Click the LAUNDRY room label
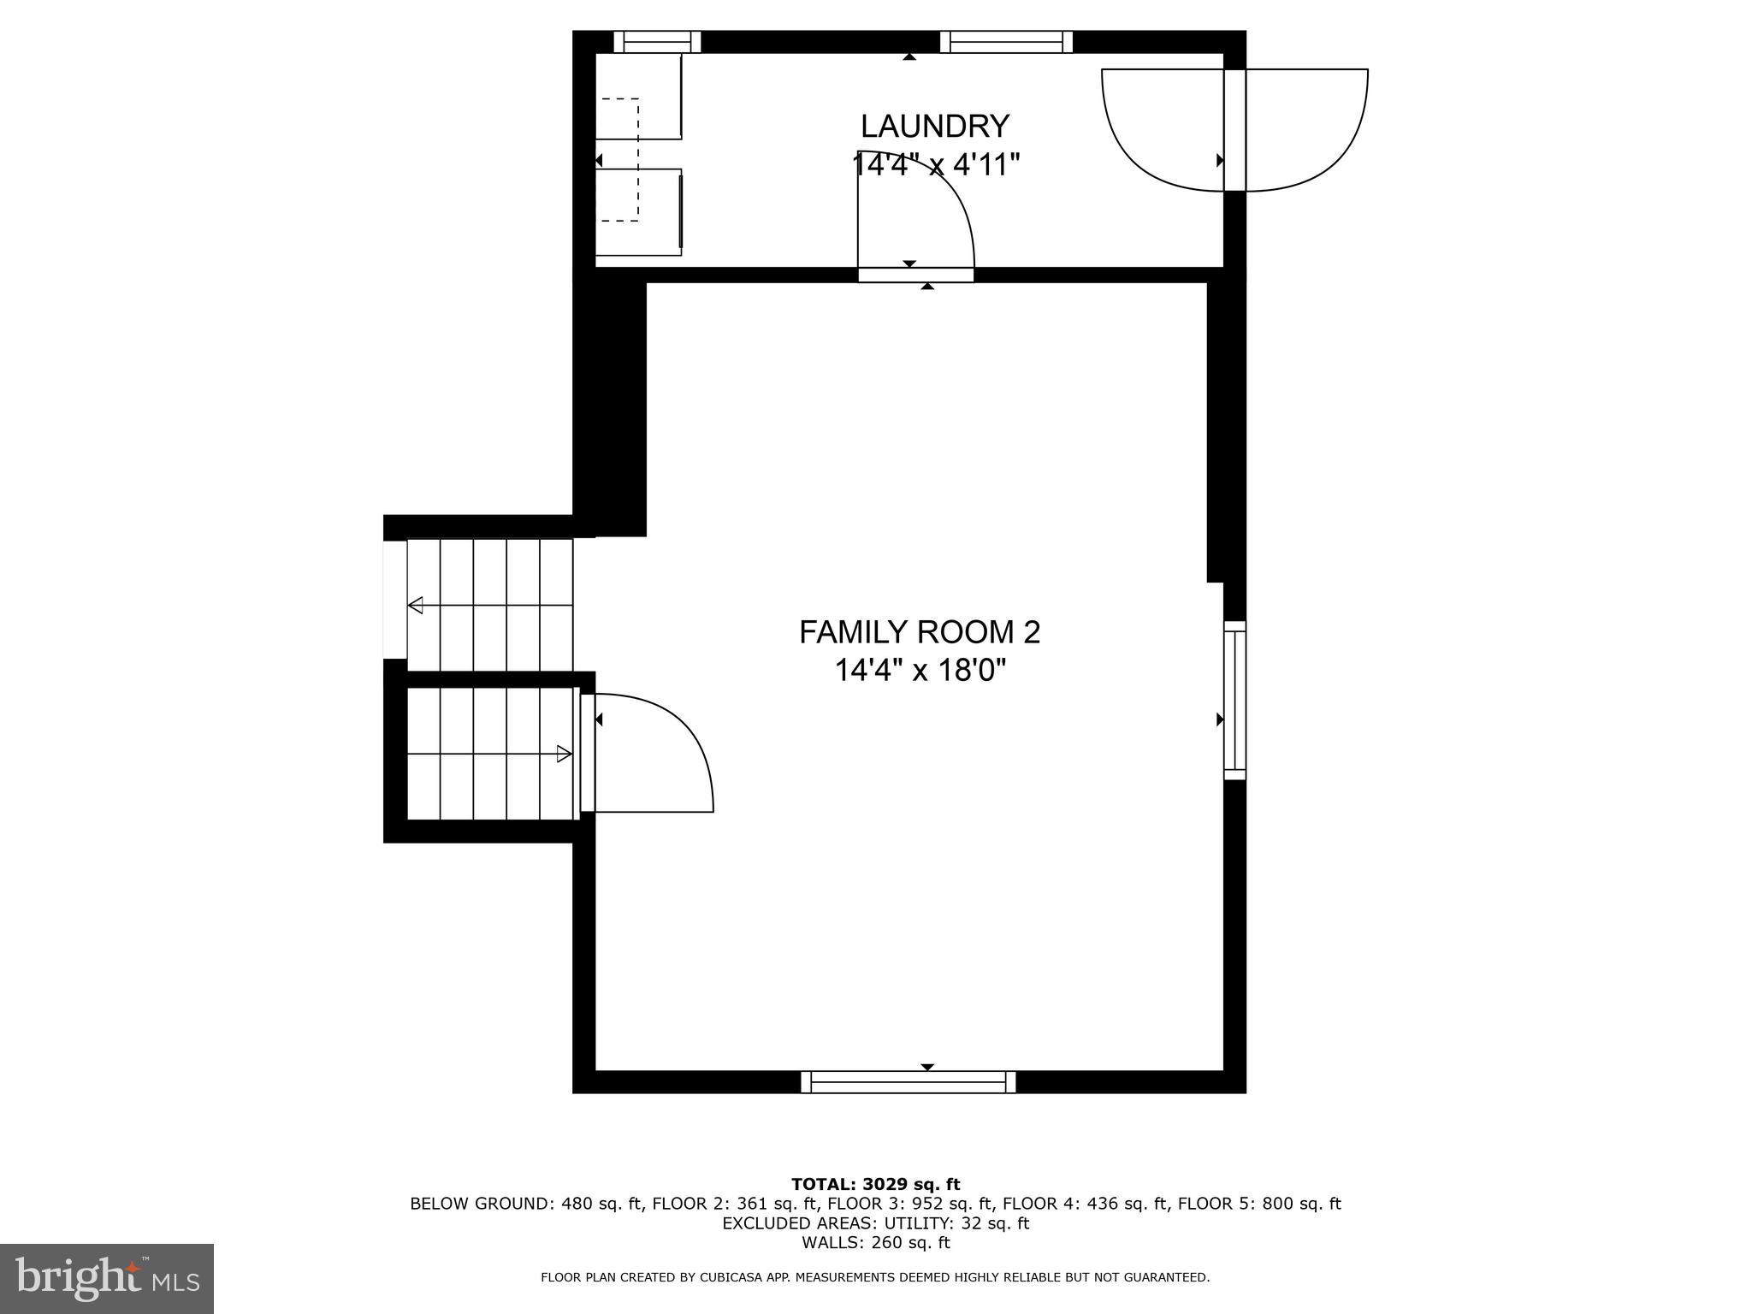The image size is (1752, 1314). coord(934,127)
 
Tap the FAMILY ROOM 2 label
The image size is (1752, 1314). coord(920,633)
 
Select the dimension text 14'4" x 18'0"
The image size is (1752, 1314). coord(920,671)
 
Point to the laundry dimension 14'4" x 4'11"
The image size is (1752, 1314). coord(936,164)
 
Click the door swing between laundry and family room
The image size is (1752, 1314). coord(915,218)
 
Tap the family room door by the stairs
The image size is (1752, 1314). coord(650,753)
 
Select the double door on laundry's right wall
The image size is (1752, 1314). coord(1234,130)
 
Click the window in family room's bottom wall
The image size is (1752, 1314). coord(909,1082)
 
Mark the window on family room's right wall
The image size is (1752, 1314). coord(1234,700)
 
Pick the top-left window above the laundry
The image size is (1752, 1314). coord(657,41)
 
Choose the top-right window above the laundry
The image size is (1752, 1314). coord(1006,41)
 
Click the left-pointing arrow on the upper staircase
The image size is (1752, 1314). coord(416,606)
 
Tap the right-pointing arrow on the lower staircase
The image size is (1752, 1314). coord(564,754)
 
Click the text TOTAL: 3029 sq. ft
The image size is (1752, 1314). coord(875,1185)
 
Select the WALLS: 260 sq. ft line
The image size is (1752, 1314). coord(875,1243)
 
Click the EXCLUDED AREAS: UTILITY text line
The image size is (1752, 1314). coord(875,1223)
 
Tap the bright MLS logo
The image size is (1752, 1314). coord(107,1278)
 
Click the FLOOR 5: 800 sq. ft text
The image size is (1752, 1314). coord(1259,1204)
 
